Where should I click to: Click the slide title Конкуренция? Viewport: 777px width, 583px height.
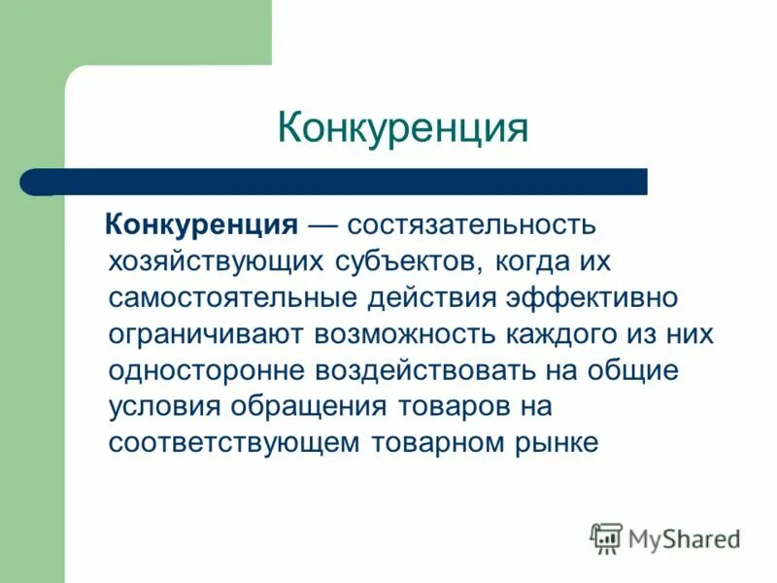point(402,128)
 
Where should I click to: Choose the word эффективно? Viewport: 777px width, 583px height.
point(595,297)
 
